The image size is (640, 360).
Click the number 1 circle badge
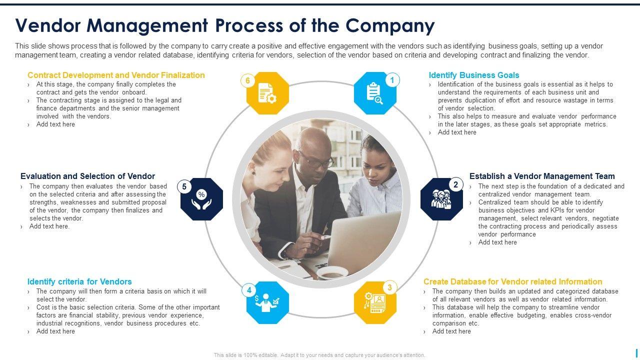[x=392, y=80]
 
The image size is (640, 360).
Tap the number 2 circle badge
[x=455, y=184]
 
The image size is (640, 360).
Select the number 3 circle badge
[x=389, y=287]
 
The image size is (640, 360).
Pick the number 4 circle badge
[x=248, y=290]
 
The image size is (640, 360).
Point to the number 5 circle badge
[x=184, y=187]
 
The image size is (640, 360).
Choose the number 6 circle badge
[x=247, y=80]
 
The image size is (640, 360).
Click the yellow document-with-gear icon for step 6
[x=267, y=93]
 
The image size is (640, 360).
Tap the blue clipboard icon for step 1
[x=374, y=93]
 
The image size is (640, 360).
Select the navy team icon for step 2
[x=441, y=199]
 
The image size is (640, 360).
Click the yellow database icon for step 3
[x=375, y=302]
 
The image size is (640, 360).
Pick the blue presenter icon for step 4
[x=267, y=302]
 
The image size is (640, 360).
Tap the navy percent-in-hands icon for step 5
[x=201, y=199]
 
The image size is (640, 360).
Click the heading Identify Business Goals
[x=473, y=75]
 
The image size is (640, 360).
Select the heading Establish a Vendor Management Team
[x=542, y=176]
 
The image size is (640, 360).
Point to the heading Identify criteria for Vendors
[x=79, y=281]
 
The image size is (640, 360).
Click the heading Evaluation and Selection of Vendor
[x=87, y=176]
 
